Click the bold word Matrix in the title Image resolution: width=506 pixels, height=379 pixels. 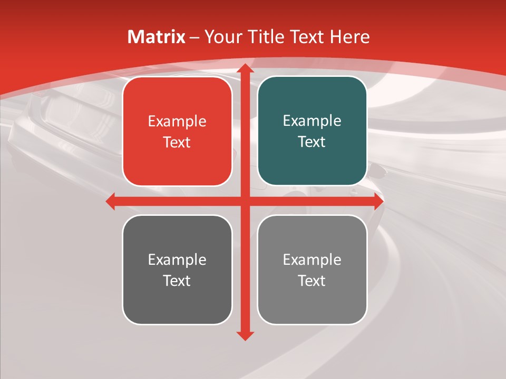pos(156,37)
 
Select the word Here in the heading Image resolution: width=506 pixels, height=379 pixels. pos(350,37)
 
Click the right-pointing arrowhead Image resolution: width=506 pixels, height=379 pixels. pos(378,201)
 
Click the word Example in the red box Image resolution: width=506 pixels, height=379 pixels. pos(177,122)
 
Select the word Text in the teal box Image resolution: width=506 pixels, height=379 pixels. pos(312,142)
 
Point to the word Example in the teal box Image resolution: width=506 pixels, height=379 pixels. pos(312,121)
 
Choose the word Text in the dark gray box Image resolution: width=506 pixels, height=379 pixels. pos(177,281)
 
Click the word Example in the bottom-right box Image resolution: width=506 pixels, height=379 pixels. pos(312,260)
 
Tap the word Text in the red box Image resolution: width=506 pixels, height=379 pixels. pos(177,143)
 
